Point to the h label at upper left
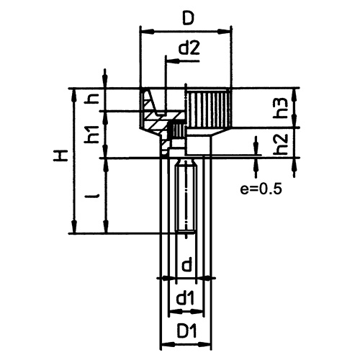click(x=91, y=99)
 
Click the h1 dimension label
click(x=91, y=134)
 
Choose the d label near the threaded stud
click(x=186, y=264)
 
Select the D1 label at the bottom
click(x=186, y=332)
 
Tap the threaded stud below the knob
click(x=186, y=198)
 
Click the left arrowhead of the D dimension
click(x=144, y=31)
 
